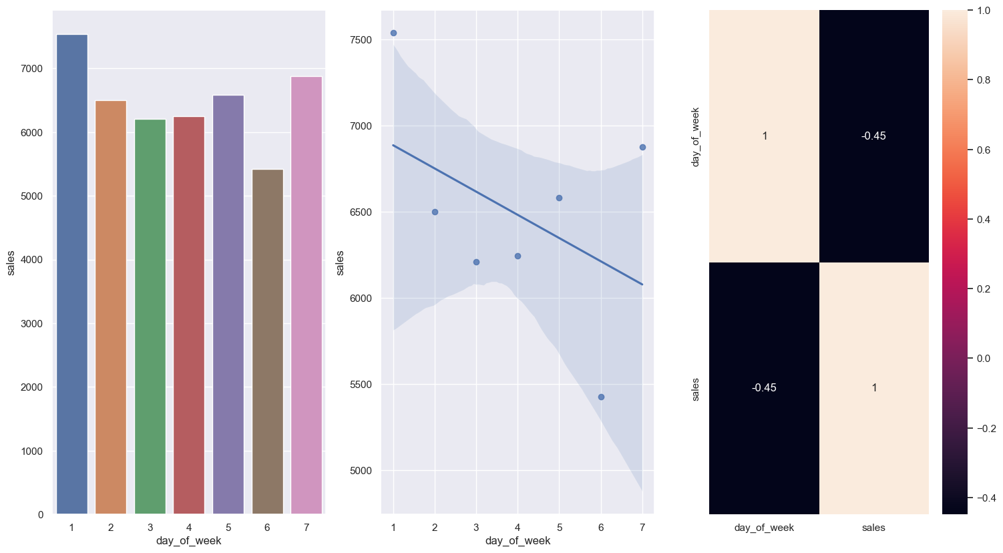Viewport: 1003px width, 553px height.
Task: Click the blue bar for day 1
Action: tap(71, 274)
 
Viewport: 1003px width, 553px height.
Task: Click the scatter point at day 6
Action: tap(601, 397)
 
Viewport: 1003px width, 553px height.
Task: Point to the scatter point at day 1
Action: tap(393, 33)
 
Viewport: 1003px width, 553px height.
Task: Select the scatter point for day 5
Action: tap(559, 198)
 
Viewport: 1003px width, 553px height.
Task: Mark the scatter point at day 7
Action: tap(642, 147)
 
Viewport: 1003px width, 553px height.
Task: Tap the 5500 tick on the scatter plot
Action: tap(361, 385)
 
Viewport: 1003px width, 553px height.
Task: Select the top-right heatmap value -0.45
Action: tap(873, 136)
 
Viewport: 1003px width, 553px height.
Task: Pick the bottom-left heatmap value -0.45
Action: tap(764, 388)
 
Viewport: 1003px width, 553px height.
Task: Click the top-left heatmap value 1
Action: tap(764, 136)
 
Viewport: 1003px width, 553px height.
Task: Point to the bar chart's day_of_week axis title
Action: tap(188, 540)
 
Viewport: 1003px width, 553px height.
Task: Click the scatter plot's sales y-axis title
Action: tap(341, 262)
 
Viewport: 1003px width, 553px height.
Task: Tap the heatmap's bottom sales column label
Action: tap(873, 528)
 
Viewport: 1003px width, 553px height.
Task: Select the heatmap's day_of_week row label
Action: tap(695, 136)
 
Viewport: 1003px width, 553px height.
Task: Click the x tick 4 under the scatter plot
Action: tap(518, 528)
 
